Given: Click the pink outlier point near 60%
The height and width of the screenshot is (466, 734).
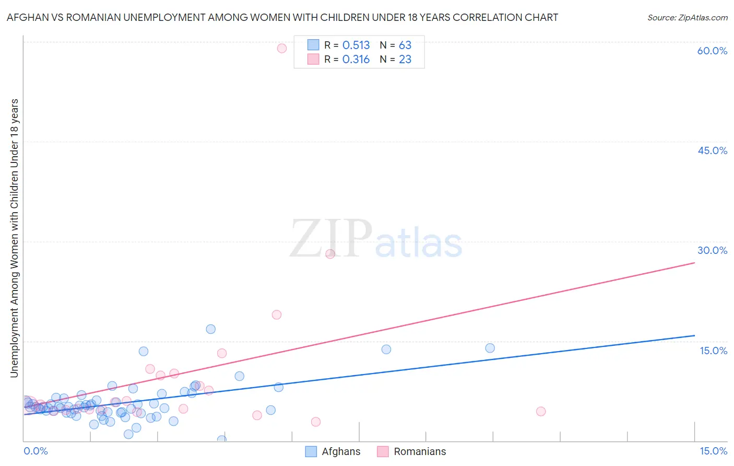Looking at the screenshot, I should (282, 48).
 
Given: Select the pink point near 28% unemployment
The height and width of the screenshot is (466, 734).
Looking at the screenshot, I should (330, 254).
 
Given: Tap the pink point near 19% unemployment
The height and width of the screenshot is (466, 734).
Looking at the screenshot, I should (277, 314).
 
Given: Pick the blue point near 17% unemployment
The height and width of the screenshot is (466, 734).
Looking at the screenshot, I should (211, 329).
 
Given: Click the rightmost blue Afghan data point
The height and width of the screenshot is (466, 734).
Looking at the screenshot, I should (490, 348).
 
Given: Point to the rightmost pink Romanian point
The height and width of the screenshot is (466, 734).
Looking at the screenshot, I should (541, 411).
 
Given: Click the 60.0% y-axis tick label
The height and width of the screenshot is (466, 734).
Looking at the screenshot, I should (712, 51).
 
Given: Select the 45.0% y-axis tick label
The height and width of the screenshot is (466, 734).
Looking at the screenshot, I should (712, 150).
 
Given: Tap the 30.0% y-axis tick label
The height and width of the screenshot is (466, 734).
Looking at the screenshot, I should (712, 250).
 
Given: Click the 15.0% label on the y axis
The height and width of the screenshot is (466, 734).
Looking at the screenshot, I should (713, 351).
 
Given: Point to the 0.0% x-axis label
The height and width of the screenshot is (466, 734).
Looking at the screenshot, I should (35, 451).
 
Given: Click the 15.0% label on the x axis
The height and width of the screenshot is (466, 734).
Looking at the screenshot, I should (713, 451).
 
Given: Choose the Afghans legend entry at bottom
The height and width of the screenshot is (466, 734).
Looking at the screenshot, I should (340, 451).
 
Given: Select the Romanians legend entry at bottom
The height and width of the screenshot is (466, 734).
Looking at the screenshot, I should (419, 451).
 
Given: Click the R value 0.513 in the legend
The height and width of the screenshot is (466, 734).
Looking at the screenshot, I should (356, 45).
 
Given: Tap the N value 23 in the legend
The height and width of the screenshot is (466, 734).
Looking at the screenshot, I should (405, 60).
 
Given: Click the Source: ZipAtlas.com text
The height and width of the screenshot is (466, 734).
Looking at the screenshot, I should (687, 17).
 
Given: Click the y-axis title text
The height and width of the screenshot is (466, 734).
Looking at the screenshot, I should (14, 238).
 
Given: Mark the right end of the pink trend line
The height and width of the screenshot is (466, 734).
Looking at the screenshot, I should (694, 262).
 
